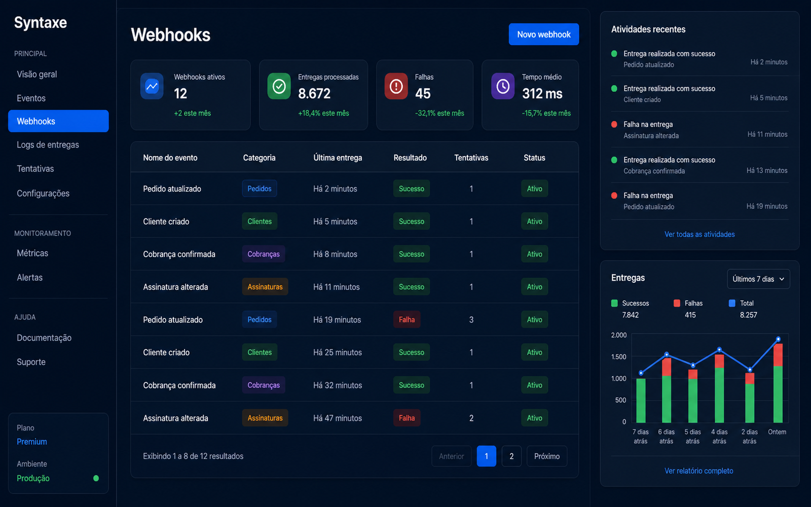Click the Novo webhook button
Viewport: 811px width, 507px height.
tap(543, 34)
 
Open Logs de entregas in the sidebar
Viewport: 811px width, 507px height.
tap(48, 145)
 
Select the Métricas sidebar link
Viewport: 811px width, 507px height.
tap(32, 253)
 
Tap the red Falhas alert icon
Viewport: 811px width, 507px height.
tap(396, 86)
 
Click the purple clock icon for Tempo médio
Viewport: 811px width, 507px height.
tap(502, 86)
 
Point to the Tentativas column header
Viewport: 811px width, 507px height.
tap(471, 158)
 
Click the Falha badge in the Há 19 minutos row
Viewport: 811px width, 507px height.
tap(407, 319)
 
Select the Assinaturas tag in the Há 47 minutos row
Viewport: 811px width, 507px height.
tap(265, 418)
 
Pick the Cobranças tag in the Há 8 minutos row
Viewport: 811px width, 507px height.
tap(263, 254)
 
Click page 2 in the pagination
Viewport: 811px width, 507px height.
tap(511, 456)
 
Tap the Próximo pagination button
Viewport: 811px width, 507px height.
tap(547, 456)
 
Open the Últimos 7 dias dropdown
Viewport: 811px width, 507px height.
tap(758, 279)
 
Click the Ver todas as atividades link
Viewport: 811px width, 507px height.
tap(699, 234)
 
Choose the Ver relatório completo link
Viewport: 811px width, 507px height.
tap(699, 471)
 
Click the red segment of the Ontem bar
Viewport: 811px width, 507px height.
tap(778, 355)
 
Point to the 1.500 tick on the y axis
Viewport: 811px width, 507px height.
tap(618, 357)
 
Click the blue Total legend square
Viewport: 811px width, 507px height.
tap(732, 303)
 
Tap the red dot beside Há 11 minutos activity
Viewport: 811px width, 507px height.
tap(614, 125)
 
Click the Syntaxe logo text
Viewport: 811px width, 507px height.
tap(41, 23)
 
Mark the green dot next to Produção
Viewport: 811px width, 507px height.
tap(96, 478)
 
